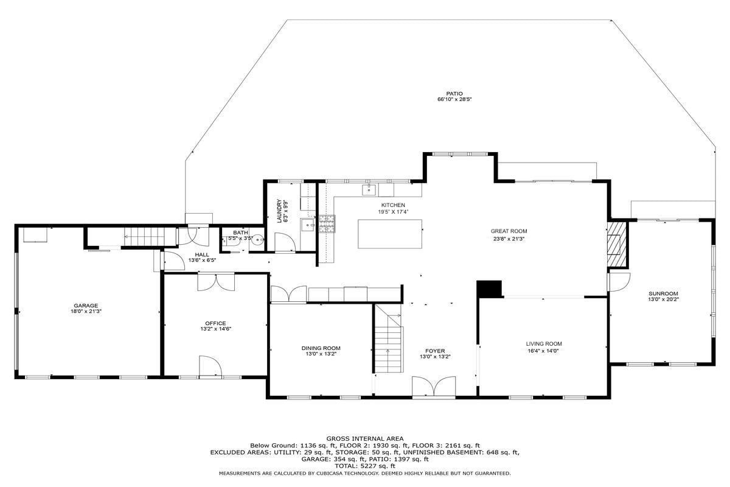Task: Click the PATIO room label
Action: tap(454, 94)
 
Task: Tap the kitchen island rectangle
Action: tap(390, 234)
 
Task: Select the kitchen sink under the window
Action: tap(369, 189)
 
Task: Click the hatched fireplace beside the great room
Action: tap(617, 244)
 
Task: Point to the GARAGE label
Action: tap(86, 306)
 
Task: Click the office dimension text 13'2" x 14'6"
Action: tap(216, 329)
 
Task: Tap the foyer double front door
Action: tap(434, 387)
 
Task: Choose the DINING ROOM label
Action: tap(321, 348)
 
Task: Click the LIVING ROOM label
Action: tap(544, 343)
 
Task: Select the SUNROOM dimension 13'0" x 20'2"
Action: tap(663, 299)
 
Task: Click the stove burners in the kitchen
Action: tap(327, 224)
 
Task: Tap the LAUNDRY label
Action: tap(279, 211)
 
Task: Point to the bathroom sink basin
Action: tap(259, 239)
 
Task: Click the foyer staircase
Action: tap(388, 338)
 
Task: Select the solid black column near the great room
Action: tap(489, 289)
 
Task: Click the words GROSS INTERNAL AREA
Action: tap(364, 438)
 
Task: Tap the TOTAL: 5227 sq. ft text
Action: tap(364, 466)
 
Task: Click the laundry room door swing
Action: tap(285, 242)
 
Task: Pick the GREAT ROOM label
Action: tap(509, 231)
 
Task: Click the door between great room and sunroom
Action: tap(619, 282)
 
